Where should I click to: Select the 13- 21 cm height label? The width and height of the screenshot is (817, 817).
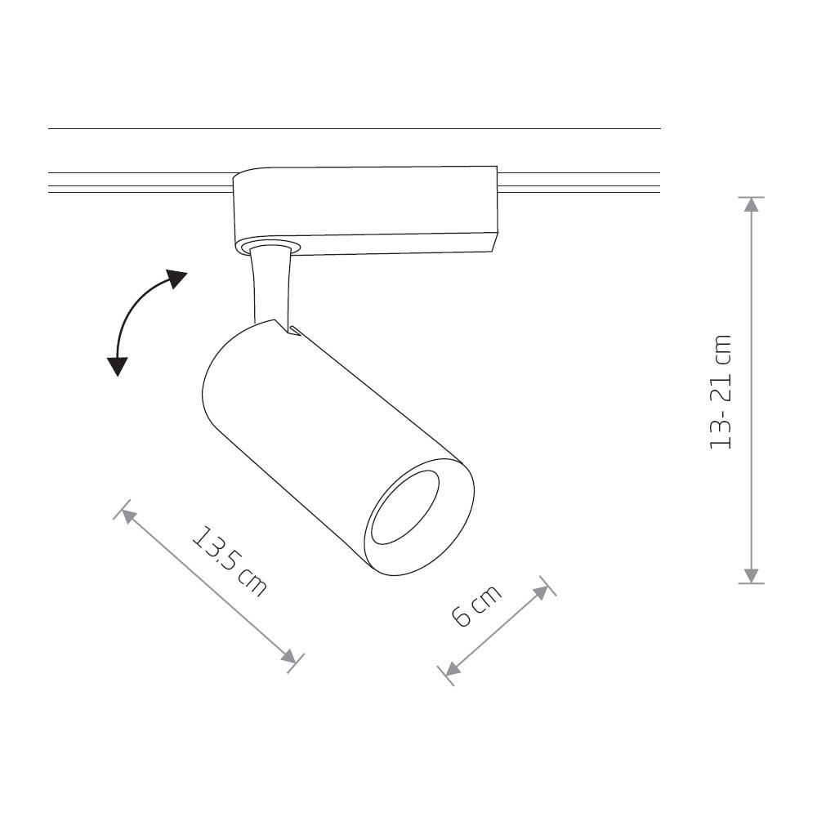pos(721,392)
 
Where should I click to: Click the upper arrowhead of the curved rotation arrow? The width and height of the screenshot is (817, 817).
pos(176,279)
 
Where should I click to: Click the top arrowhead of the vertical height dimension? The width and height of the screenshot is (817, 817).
pos(751,204)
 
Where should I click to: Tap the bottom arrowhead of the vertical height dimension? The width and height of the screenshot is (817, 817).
pos(751,576)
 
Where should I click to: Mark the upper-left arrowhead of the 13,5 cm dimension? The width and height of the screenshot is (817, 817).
pos(129,517)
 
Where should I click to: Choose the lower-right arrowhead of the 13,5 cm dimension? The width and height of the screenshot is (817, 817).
pos(288,656)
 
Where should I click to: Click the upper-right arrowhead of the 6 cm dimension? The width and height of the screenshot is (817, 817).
pos(540,592)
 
